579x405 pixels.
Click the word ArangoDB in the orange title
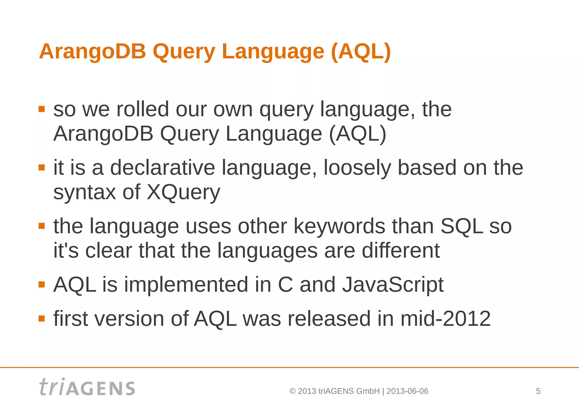(92, 52)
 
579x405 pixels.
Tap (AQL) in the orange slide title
(361, 52)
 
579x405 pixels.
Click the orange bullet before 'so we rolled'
(42, 109)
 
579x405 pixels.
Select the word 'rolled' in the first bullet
(142, 109)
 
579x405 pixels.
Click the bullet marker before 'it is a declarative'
(42, 167)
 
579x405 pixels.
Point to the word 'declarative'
(162, 168)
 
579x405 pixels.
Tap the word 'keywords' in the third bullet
(339, 226)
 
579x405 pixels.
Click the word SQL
(461, 226)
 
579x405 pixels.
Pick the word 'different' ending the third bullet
(401, 251)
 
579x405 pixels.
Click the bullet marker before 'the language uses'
(42, 226)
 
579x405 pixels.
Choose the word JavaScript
(393, 285)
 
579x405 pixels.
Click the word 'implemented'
(186, 285)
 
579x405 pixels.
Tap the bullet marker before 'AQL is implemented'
(42, 284)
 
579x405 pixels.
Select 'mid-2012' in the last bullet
(445, 319)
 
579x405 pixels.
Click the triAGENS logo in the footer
(87, 387)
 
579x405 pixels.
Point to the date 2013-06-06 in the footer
(407, 391)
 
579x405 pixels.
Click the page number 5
(538, 391)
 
